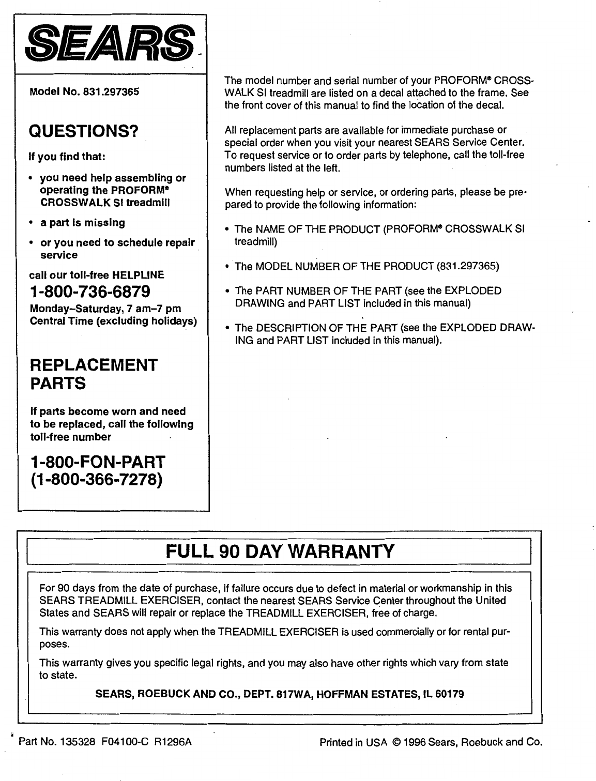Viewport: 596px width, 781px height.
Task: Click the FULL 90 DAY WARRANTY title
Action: pos(280,552)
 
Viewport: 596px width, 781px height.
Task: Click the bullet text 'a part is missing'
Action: pos(82,223)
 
